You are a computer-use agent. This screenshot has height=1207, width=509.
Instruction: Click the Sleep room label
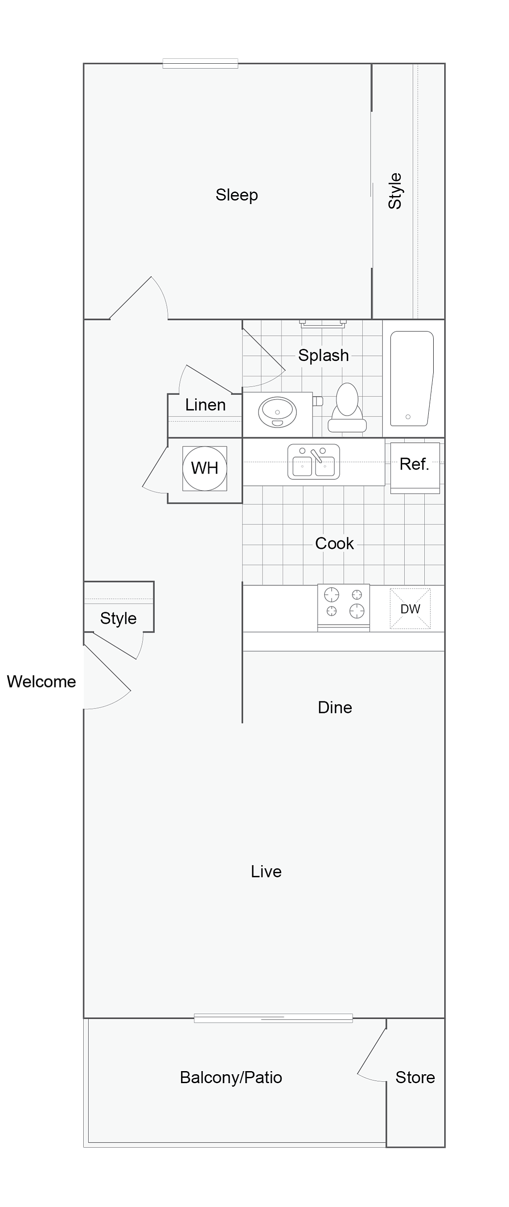pyautogui.click(x=237, y=195)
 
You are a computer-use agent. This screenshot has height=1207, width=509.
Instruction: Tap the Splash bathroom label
pyautogui.click(x=324, y=355)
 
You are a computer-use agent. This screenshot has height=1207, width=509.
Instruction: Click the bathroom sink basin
pyautogui.click(x=278, y=412)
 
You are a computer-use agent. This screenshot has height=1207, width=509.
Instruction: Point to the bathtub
pyautogui.click(x=411, y=379)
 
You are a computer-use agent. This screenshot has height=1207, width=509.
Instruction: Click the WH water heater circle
pyautogui.click(x=205, y=468)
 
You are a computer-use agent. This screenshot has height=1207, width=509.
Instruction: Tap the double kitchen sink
pyautogui.click(x=313, y=462)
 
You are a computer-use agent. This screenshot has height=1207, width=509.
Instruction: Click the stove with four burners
pyautogui.click(x=344, y=607)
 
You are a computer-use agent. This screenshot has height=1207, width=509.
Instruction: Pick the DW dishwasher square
pyautogui.click(x=410, y=609)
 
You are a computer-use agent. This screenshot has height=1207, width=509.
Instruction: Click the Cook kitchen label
pyautogui.click(x=335, y=544)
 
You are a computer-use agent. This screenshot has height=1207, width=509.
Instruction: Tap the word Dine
pyautogui.click(x=335, y=708)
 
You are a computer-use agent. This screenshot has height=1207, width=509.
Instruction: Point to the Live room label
pyautogui.click(x=266, y=871)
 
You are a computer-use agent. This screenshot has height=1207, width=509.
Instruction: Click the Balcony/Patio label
pyautogui.click(x=231, y=1077)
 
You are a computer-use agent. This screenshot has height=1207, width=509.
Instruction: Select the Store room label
pyautogui.click(x=415, y=1077)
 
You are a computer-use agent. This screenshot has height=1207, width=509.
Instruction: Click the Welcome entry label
pyautogui.click(x=41, y=681)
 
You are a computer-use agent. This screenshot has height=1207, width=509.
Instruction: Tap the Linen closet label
pyautogui.click(x=205, y=405)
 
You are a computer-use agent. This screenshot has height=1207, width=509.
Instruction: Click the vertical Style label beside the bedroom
pyautogui.click(x=395, y=191)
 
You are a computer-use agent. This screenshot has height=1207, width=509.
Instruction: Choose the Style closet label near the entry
pyautogui.click(x=118, y=618)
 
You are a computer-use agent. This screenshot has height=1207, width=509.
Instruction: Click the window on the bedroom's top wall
pyautogui.click(x=200, y=64)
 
